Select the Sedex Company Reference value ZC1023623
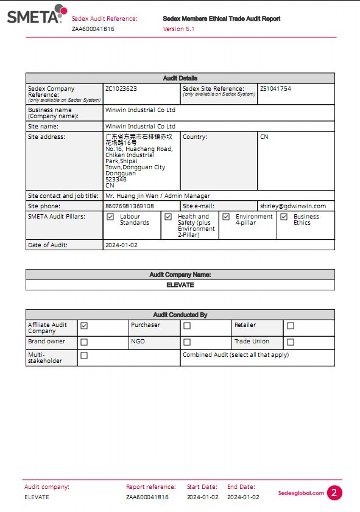121,89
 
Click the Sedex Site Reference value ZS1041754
275,89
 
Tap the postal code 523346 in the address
116,180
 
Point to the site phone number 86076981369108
130,206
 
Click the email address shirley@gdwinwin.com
297,206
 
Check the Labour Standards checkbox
110,217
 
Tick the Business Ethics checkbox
284,217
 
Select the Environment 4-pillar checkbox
226,217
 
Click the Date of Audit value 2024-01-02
122,245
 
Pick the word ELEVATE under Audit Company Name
180,285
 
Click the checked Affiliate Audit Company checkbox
84,326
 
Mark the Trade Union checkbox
291,342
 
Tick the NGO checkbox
187,342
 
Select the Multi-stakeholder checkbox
84,356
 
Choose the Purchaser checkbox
187,326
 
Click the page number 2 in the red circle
334,493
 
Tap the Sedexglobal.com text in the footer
301,493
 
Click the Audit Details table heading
180,79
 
